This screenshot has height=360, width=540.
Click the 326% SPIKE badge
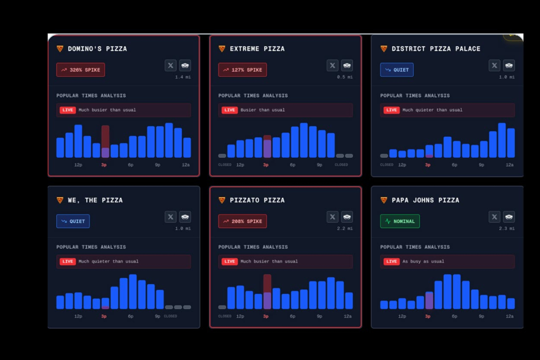(x=81, y=70)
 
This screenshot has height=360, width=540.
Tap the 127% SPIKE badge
(x=243, y=70)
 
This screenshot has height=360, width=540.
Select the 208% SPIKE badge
(x=243, y=221)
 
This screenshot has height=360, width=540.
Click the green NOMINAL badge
(x=400, y=221)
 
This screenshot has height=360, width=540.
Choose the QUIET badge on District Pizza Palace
(x=397, y=70)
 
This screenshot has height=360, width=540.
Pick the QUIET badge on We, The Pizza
(x=73, y=221)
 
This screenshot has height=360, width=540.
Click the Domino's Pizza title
(x=97, y=49)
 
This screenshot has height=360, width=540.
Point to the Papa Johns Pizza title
(x=425, y=200)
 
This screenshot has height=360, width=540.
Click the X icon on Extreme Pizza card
(x=333, y=65)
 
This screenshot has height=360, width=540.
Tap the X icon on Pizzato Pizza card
(x=333, y=217)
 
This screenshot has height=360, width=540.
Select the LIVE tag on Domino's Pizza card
(x=68, y=110)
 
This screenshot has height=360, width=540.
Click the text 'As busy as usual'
(x=423, y=261)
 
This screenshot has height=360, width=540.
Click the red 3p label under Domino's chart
(x=104, y=165)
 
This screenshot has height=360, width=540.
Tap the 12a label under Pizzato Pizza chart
(x=348, y=316)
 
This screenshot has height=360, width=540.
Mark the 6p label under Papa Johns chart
(x=454, y=316)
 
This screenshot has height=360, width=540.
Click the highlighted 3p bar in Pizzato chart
(x=267, y=292)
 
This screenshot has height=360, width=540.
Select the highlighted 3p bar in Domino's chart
(x=105, y=142)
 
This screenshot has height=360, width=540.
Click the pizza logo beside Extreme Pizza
(x=222, y=49)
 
